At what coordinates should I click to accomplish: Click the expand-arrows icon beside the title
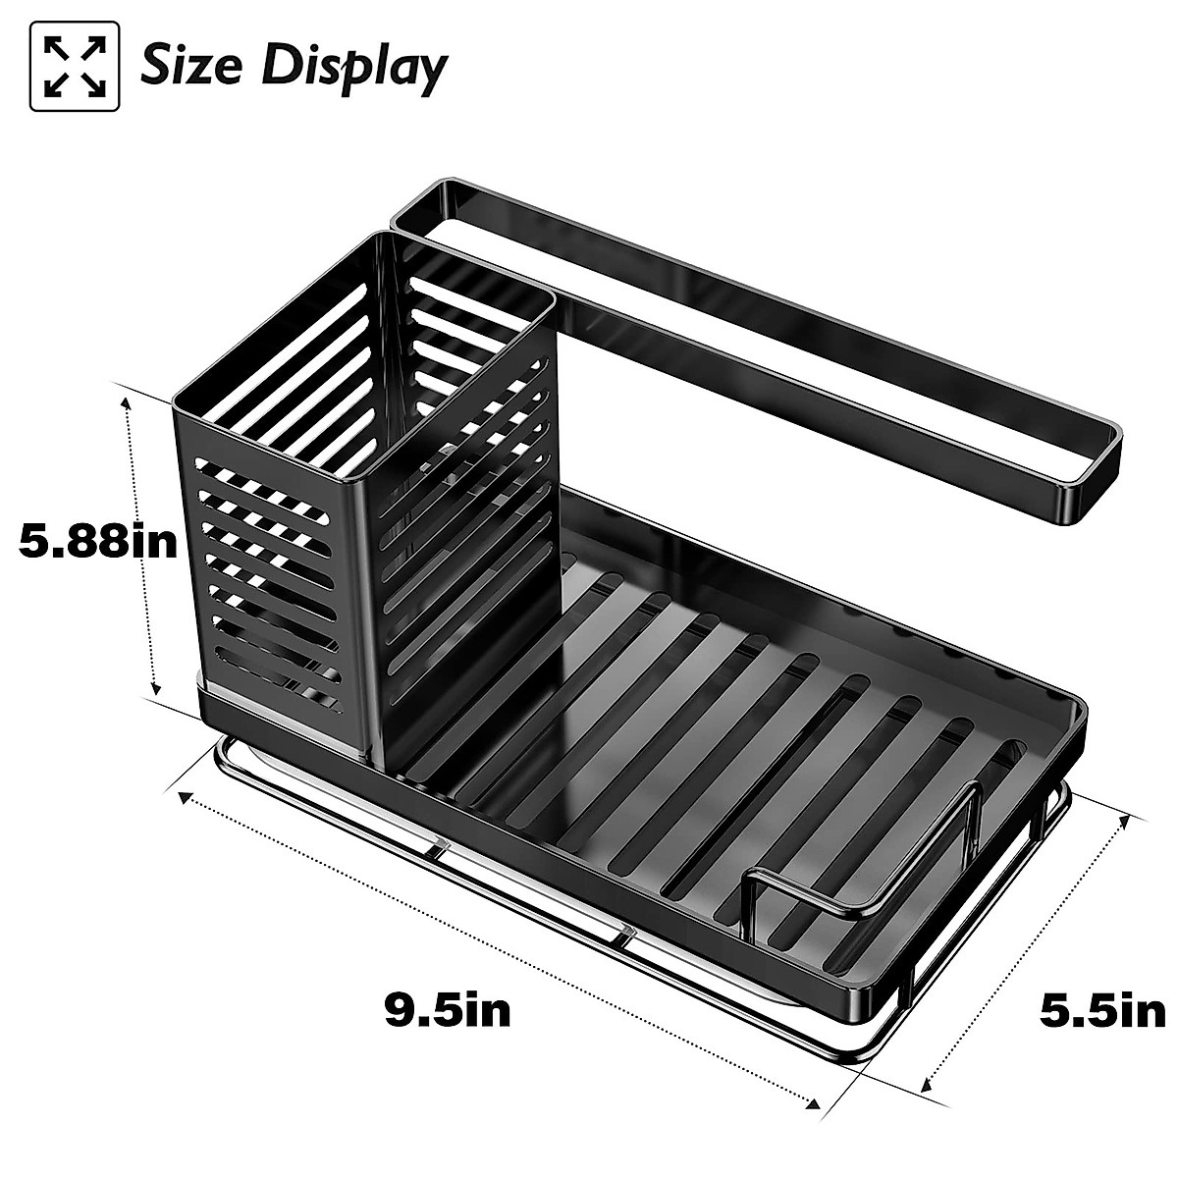pos(76,66)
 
